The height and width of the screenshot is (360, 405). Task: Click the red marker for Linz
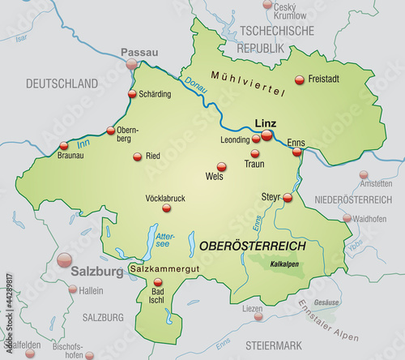click(266, 135)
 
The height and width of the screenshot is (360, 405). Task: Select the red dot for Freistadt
click(301, 79)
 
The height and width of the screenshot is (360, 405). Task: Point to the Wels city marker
click(222, 166)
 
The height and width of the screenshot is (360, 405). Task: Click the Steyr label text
click(270, 196)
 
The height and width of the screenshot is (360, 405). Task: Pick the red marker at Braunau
click(64, 147)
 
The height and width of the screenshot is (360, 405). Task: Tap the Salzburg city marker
click(64, 259)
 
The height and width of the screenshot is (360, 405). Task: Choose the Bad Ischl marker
click(157, 283)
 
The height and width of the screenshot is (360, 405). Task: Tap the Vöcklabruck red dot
click(154, 208)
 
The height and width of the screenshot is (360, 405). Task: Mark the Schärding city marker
click(133, 94)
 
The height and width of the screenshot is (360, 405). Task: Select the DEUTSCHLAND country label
click(62, 84)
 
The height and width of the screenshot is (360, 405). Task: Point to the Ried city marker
click(138, 156)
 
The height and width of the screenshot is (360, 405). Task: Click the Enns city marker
click(297, 152)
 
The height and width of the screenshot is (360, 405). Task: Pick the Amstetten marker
click(363, 174)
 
